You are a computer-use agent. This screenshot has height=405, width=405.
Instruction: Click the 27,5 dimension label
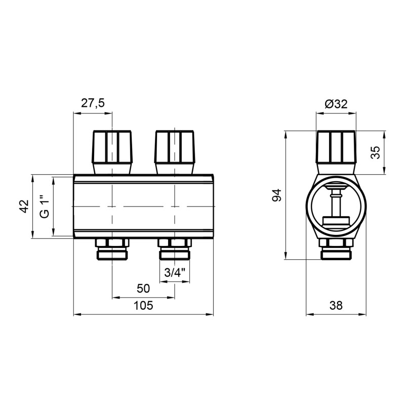[93, 103]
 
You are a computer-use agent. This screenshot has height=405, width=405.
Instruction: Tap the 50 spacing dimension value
[143, 288]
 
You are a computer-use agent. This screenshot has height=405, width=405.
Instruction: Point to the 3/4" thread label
[175, 272]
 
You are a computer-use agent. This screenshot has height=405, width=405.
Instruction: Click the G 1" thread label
[45, 206]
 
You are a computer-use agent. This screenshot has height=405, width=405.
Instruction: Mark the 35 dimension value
[375, 152]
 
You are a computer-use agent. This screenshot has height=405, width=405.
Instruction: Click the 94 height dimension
[276, 195]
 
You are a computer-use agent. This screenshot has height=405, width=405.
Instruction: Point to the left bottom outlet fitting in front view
[112, 248]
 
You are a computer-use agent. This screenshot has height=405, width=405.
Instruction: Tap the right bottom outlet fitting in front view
[175, 248]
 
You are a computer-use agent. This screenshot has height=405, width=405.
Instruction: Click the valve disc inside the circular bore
[336, 220]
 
